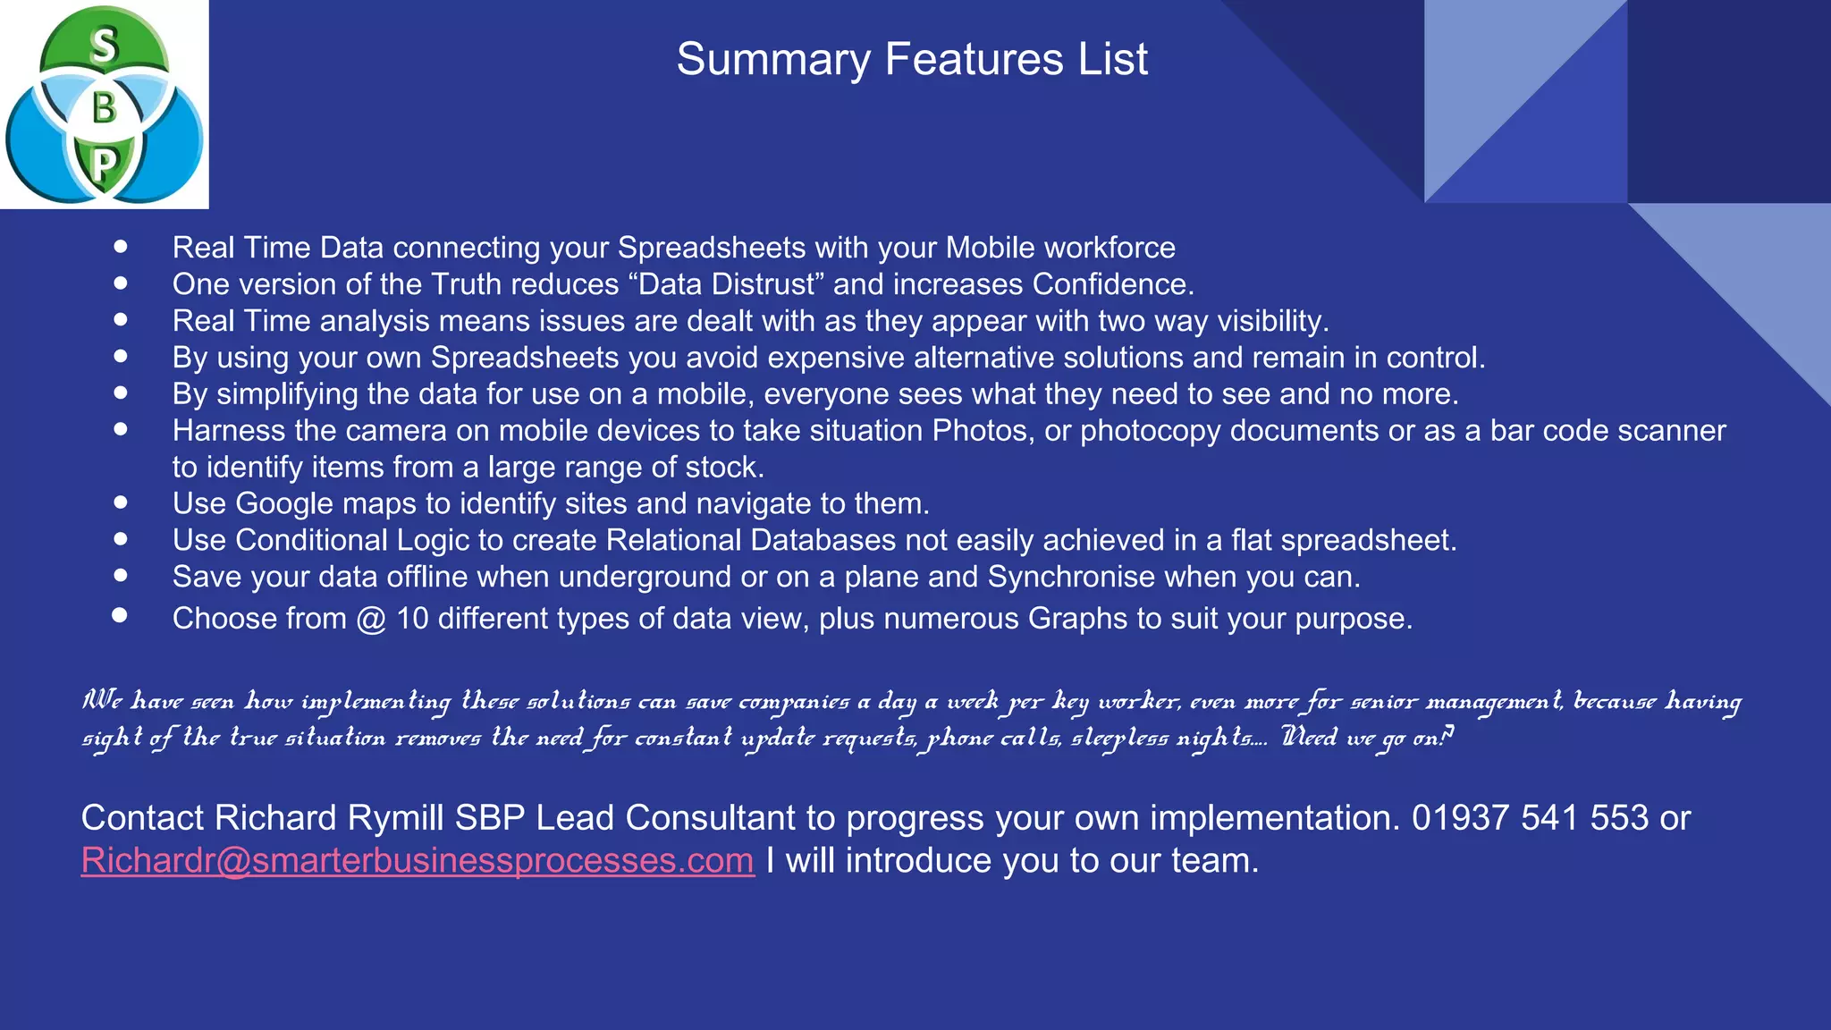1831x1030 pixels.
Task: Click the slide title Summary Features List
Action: (911, 60)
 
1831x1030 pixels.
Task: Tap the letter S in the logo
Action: (105, 46)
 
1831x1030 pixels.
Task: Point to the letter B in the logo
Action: (105, 108)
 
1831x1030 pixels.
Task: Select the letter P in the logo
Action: (105, 165)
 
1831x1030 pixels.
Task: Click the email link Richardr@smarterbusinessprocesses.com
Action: (418, 861)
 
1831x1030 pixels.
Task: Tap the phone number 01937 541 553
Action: (1530, 818)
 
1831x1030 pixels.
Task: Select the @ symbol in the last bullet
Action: (371, 619)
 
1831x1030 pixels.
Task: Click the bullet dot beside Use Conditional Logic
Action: (121, 539)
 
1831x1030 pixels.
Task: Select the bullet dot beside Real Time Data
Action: (121, 246)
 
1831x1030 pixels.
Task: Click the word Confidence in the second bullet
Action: (1113, 284)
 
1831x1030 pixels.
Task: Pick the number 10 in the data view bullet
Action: (412, 619)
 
